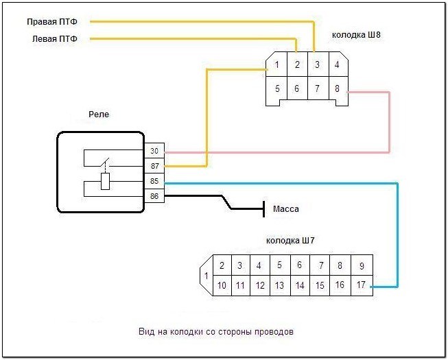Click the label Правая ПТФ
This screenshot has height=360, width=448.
pos(52,22)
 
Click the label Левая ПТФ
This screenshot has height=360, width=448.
pos(55,39)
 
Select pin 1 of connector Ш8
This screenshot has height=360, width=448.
pos(276,65)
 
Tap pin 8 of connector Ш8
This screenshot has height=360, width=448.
pos(337,88)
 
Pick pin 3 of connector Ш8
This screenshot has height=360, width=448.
pos(317,65)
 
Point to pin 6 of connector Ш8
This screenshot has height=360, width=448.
pos(297,88)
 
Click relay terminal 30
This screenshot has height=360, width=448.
pos(154,151)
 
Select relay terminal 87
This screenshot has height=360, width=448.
pos(154,166)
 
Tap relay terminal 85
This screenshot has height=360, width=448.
pos(154,182)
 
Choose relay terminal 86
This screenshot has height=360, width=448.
pos(154,197)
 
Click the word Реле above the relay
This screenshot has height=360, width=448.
pos(99,115)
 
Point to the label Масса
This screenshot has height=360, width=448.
pos(286,209)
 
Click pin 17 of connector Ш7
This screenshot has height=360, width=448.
pos(361,285)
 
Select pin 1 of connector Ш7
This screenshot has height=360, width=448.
pos(205,276)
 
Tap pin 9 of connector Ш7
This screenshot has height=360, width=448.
pos(361,266)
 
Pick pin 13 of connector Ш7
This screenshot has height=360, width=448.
pos(279,285)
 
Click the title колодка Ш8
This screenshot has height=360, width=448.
pos(356,34)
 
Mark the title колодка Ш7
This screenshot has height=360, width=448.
pos(290,241)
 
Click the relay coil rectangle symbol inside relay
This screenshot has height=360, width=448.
pos(106,182)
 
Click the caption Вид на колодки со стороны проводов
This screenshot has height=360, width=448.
pos(216,331)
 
